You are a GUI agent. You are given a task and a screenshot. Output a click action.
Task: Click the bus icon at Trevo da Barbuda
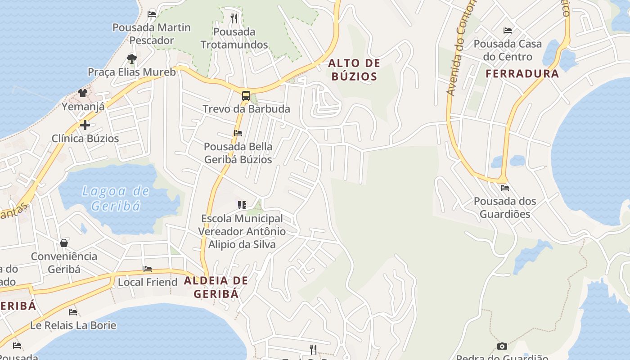coord(246,95)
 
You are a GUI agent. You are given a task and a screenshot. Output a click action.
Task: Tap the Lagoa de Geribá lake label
coord(116,198)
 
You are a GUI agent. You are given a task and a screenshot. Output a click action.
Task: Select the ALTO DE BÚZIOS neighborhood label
coord(354,70)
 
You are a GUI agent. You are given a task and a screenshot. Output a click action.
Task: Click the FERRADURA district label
coord(522,73)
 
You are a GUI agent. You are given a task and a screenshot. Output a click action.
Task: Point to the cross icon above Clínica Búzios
coord(85,125)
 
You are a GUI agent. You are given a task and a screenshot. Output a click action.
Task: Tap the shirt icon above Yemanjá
coord(83,93)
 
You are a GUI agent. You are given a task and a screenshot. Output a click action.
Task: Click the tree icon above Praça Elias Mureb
coord(131,58)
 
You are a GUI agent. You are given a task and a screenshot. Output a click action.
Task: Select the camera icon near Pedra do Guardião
coord(502,346)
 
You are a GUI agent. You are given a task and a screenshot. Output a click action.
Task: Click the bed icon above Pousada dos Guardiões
coord(504,188)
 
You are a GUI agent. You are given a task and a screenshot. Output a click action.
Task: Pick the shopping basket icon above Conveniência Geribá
coord(64,243)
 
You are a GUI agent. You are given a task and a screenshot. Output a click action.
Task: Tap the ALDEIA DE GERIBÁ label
coord(216,287)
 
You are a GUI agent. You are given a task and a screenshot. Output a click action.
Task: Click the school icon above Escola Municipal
coord(242,205)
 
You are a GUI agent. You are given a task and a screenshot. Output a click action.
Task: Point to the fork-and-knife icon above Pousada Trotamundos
coord(234,18)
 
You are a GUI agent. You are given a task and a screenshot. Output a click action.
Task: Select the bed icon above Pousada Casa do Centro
coord(508,31)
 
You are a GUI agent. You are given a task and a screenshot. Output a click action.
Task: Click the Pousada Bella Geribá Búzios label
coord(238,153)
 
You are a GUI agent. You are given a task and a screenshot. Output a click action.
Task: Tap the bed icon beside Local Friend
coord(148,269)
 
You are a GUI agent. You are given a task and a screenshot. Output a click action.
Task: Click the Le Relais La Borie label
coord(73,325)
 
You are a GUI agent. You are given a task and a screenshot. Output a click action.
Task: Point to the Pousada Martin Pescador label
coord(152,34)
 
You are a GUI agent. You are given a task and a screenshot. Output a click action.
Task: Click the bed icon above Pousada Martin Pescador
coord(152,14)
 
